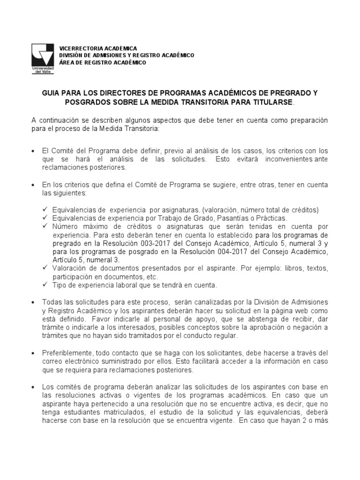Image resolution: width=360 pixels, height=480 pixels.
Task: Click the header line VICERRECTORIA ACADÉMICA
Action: point(98,49)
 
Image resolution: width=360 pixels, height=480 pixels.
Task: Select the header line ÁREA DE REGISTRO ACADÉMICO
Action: point(102,62)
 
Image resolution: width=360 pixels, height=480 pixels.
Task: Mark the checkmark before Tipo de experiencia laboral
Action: point(45,284)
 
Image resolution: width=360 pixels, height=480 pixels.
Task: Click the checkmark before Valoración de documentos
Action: point(45,267)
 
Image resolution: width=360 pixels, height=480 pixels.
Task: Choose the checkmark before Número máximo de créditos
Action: point(45,226)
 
